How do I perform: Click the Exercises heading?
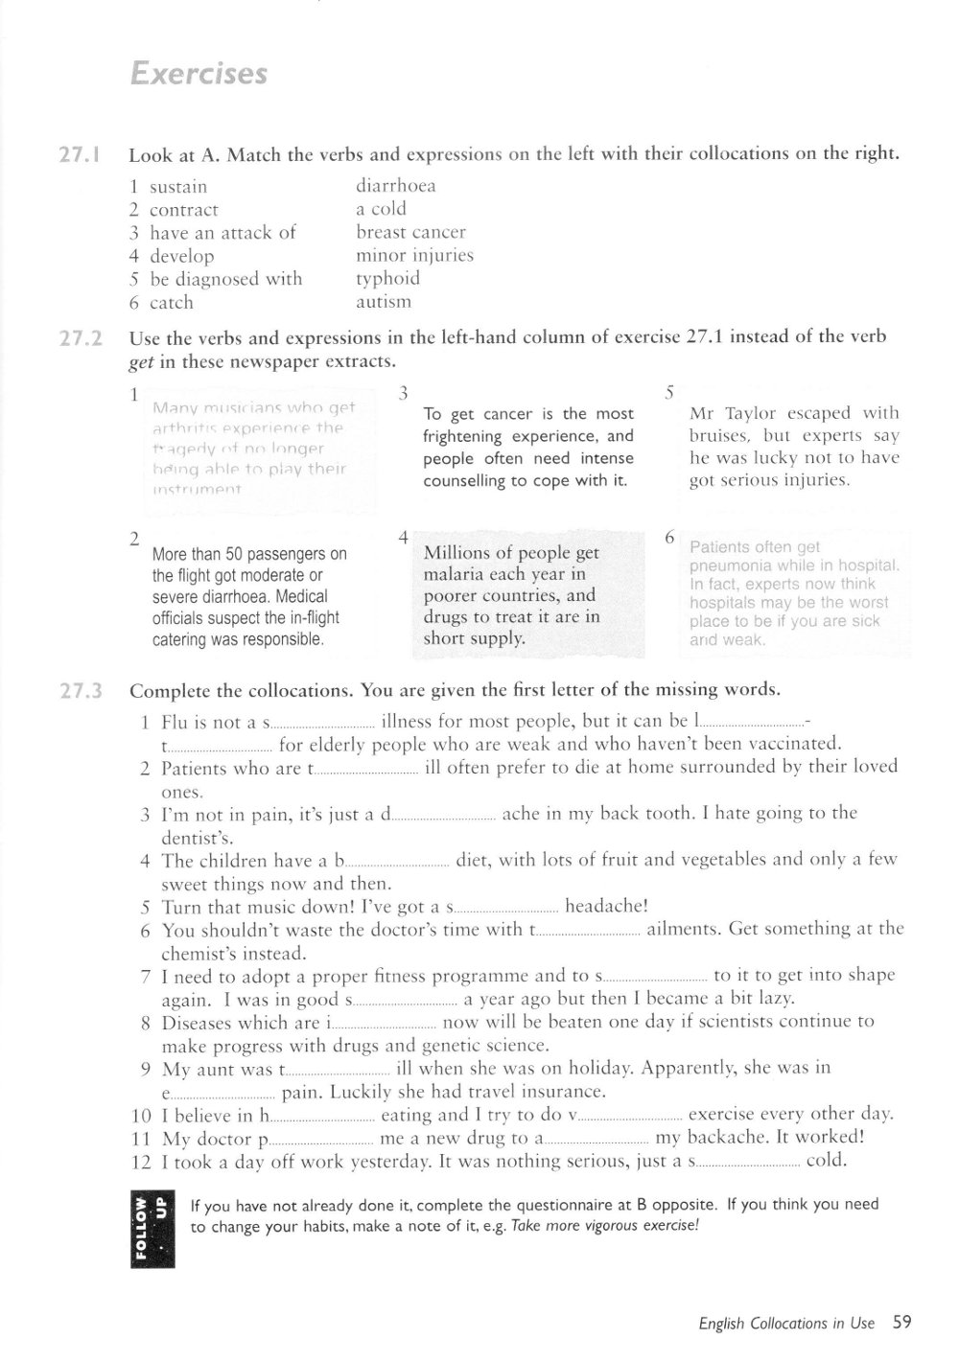[x=199, y=74]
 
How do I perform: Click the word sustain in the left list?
[x=178, y=187]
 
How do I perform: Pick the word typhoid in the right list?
[x=387, y=279]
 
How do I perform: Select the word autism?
[x=384, y=302]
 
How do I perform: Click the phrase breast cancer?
[x=410, y=232]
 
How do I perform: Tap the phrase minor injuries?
[x=414, y=256]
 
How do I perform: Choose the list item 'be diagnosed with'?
[x=225, y=279]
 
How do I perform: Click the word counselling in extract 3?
[x=467, y=480]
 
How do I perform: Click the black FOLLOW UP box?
[x=148, y=1231]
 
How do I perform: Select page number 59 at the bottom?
[x=901, y=1323]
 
